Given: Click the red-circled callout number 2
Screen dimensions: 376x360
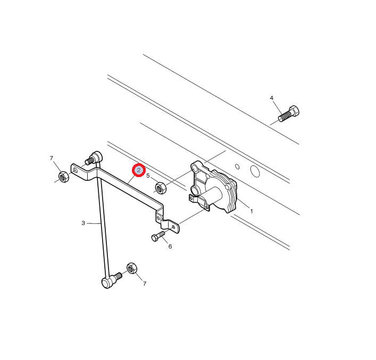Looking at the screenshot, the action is tap(139, 170).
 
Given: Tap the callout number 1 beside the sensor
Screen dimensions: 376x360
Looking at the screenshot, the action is tap(252, 211).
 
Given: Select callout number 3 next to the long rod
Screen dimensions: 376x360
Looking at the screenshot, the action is tap(83, 223).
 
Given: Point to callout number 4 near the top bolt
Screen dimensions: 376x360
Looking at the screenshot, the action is tap(271, 98).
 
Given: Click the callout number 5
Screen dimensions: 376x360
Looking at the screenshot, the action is tap(148, 176).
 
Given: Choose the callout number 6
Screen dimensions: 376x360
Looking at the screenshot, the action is tap(170, 247).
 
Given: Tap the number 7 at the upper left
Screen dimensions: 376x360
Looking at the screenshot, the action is tap(51, 158).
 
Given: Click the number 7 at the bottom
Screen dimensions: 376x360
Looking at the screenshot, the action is tap(144, 284).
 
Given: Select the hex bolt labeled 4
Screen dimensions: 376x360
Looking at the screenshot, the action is tap(289, 113).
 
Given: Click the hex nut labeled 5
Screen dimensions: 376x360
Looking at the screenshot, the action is tap(161, 188).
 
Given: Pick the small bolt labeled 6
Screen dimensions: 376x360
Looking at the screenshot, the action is tap(158, 236).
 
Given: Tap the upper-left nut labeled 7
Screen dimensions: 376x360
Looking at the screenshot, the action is tap(63, 177).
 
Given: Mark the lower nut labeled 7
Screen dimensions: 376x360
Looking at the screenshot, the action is tap(131, 268).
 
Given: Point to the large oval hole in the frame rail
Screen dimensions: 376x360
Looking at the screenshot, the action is tap(255, 171).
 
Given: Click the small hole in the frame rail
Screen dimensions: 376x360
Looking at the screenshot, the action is tap(237, 166).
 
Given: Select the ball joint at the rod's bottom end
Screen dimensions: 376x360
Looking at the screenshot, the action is tap(107, 282).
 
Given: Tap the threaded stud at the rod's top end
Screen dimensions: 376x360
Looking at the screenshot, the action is tap(89, 160).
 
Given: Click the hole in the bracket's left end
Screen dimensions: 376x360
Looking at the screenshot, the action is tap(76, 170).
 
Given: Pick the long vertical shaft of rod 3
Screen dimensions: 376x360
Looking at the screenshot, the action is tap(103, 221).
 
